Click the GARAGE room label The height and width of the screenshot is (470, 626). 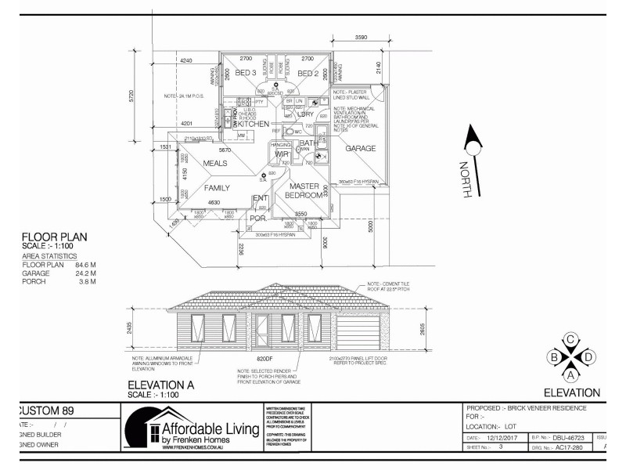coord(361,148)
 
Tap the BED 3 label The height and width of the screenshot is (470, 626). coord(246,74)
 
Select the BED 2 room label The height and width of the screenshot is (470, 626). coord(308,74)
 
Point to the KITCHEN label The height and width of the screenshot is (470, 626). coord(254,125)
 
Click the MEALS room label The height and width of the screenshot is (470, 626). coord(214,163)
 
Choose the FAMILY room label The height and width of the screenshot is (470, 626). coord(217,188)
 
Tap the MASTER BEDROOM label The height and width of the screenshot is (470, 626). coord(304,190)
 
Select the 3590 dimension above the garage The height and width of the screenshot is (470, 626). coord(361,37)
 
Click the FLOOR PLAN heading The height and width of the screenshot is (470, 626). coord(54,237)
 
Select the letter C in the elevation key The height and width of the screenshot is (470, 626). coord(571,338)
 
